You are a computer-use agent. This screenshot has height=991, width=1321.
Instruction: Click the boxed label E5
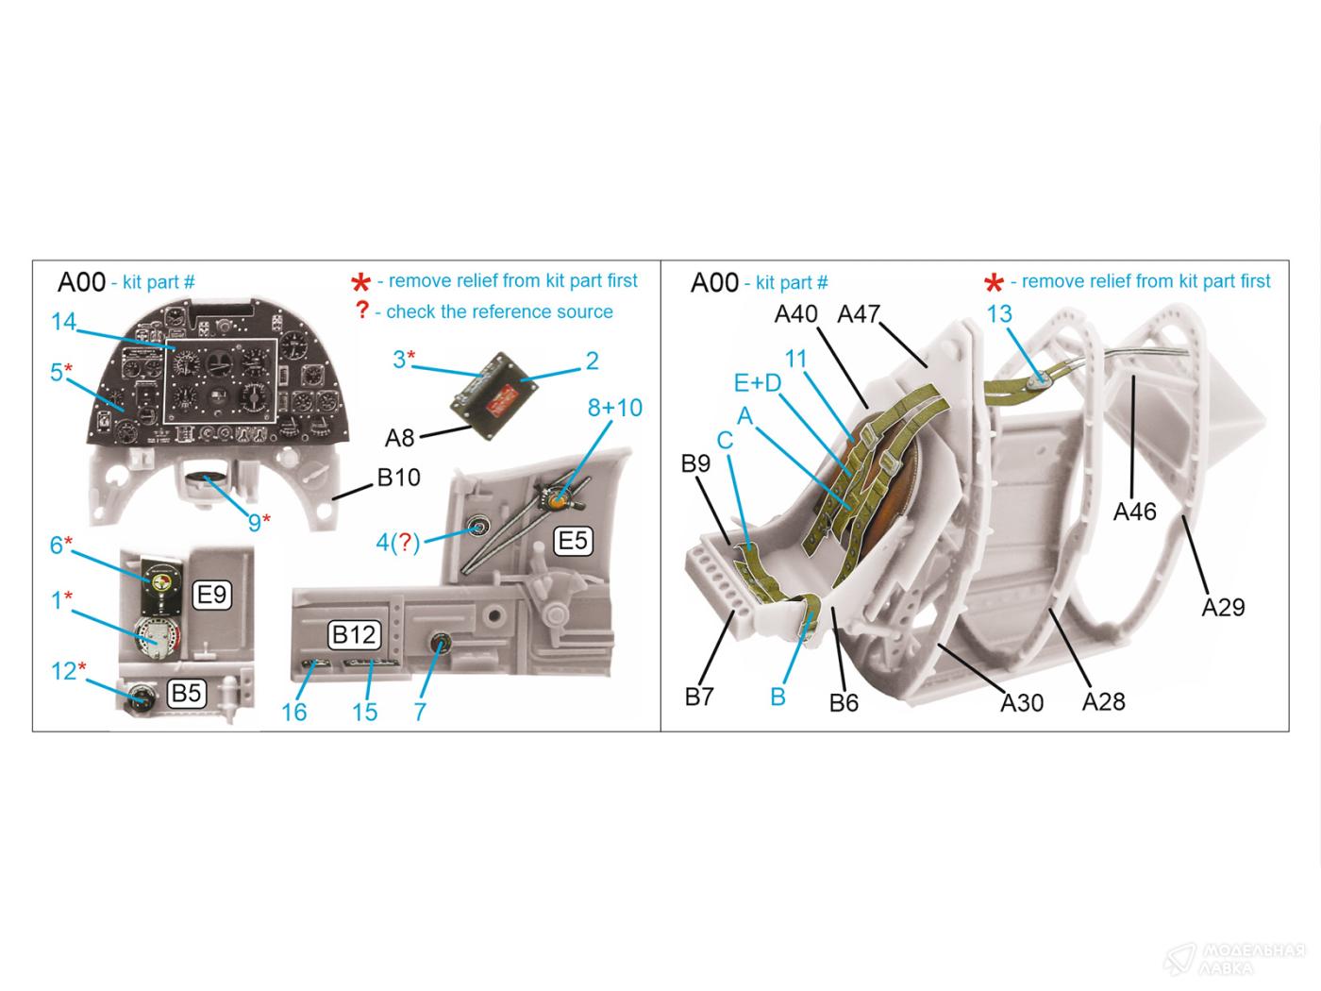pyautogui.click(x=573, y=540)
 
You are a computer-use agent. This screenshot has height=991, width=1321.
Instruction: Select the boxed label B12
pyautogui.click(x=354, y=634)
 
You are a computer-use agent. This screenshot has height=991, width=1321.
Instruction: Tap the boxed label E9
pyautogui.click(x=211, y=594)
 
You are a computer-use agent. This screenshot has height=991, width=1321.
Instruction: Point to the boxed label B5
pyautogui.click(x=186, y=694)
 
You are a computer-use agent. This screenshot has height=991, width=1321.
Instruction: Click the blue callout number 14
pyautogui.click(x=63, y=322)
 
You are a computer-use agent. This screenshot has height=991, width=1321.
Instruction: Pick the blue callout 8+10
pyautogui.click(x=614, y=408)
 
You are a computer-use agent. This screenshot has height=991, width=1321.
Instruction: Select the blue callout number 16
pyautogui.click(x=294, y=712)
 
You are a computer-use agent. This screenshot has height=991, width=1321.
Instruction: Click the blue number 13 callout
pyautogui.click(x=999, y=313)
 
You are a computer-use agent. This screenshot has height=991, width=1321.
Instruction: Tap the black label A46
pyautogui.click(x=1134, y=511)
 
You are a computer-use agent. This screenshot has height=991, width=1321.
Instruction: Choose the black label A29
pyautogui.click(x=1223, y=607)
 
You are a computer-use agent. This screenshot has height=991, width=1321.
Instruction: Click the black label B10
pyautogui.click(x=398, y=478)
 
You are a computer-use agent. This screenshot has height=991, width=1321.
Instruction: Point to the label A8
pyautogui.click(x=400, y=438)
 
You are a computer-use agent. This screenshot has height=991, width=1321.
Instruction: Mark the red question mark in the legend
pyautogui.click(x=361, y=311)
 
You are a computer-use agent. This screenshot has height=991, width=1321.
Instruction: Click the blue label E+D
pyautogui.click(x=758, y=383)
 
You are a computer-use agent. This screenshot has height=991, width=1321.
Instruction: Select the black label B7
pyautogui.click(x=699, y=697)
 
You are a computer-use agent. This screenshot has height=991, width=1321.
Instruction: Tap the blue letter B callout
pyautogui.click(x=778, y=697)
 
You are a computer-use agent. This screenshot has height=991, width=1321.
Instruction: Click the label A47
pyautogui.click(x=858, y=313)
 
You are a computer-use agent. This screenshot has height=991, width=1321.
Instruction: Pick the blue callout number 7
pyautogui.click(x=420, y=712)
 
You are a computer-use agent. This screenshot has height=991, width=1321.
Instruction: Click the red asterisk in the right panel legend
pyautogui.click(x=994, y=282)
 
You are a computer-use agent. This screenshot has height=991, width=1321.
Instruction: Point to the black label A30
pyautogui.click(x=1022, y=701)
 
